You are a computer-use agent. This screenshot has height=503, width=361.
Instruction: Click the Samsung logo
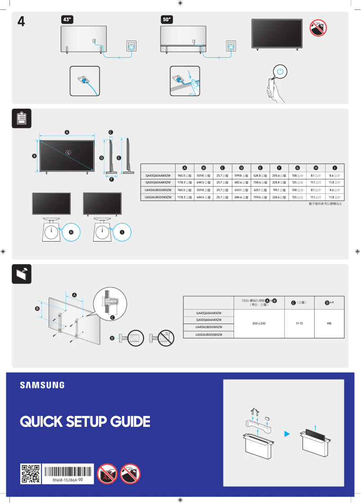(42, 385)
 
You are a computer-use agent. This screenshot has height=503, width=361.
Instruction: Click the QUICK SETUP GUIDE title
(85, 422)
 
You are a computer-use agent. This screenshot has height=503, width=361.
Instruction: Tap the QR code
(31, 474)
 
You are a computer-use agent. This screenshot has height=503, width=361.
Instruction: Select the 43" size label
(67, 19)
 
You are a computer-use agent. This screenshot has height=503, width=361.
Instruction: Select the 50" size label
(167, 19)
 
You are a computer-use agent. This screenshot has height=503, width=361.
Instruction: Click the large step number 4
(21, 22)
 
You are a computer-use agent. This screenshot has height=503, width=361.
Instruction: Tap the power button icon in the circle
(280, 71)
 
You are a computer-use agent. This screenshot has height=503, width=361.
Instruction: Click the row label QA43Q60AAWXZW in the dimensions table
(158, 176)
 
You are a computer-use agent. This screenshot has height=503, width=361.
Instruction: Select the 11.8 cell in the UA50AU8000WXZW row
(334, 197)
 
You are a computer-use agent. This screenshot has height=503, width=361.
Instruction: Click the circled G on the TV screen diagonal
(68, 152)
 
